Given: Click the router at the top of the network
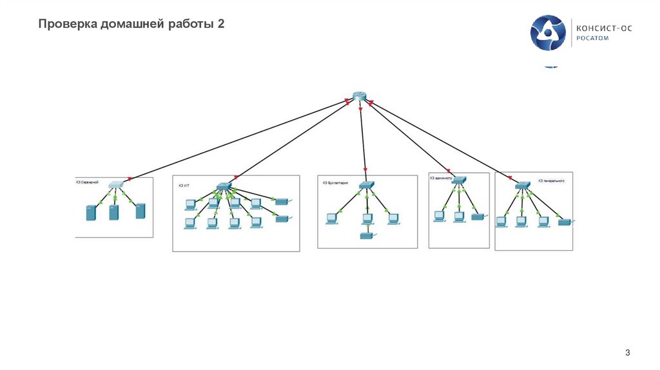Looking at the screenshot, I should click(x=359, y=96).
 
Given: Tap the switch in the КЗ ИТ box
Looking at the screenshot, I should click(x=223, y=186).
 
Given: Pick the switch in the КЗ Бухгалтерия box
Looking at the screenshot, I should click(x=365, y=185).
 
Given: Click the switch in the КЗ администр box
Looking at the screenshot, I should click(x=458, y=180).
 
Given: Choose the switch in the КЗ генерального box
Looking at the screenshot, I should click(x=523, y=185).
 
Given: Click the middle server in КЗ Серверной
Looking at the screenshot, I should click(x=114, y=212).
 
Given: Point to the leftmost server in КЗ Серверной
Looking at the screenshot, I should click(x=91, y=213).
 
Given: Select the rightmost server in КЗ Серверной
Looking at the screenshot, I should click(x=141, y=211).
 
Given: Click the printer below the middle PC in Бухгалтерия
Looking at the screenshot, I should click(x=366, y=237).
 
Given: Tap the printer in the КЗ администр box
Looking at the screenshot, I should click(x=478, y=217).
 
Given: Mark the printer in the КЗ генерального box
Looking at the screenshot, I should click(x=565, y=222).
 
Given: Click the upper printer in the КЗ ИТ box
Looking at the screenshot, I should click(x=282, y=202).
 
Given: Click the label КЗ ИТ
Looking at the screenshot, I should click(x=184, y=185).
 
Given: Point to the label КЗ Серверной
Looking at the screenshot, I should click(x=86, y=182).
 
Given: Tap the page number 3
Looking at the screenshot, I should click(x=627, y=352).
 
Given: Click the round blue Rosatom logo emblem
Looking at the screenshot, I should click(x=548, y=33).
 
